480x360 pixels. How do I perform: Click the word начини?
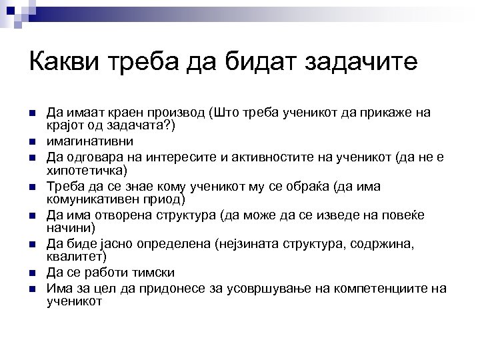point(65,227)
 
